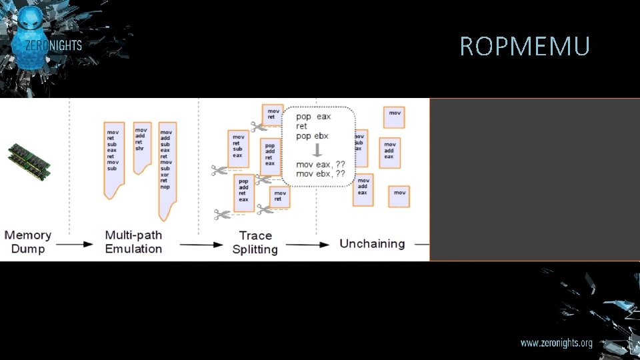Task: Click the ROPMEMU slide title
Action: tap(525, 47)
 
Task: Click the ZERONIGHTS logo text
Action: tap(53, 45)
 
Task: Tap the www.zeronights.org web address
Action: tap(556, 343)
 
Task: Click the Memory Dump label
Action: tap(28, 242)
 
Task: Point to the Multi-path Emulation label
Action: tap(133, 242)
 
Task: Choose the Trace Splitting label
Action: tap(255, 243)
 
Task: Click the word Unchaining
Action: tap(372, 243)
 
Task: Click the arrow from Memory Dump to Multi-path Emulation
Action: tap(78, 245)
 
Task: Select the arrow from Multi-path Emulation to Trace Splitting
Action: tap(201, 245)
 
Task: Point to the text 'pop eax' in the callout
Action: tap(313, 117)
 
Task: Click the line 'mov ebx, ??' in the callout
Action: tap(321, 173)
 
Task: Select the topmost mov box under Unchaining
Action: tap(395, 117)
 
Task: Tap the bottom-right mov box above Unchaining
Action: tap(399, 196)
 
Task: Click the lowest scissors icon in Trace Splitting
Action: tap(223, 214)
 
